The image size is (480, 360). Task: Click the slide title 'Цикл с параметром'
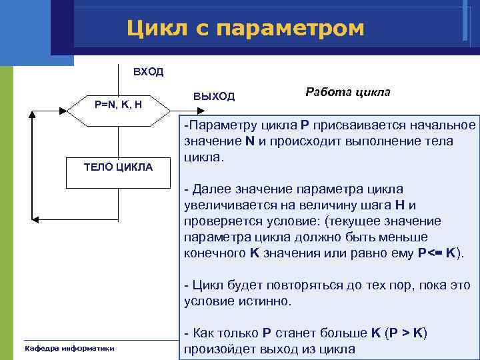[246, 28]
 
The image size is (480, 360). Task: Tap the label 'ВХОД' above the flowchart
[147, 72]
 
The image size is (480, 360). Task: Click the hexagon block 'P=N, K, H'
[117, 104]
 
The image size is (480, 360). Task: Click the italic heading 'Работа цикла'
[347, 92]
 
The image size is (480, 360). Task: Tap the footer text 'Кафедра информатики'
[69, 348]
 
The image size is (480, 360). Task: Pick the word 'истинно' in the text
[266, 301]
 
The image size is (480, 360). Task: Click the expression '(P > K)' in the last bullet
[401, 333]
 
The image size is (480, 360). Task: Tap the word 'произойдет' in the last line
[220, 349]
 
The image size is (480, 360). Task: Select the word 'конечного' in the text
[215, 253]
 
